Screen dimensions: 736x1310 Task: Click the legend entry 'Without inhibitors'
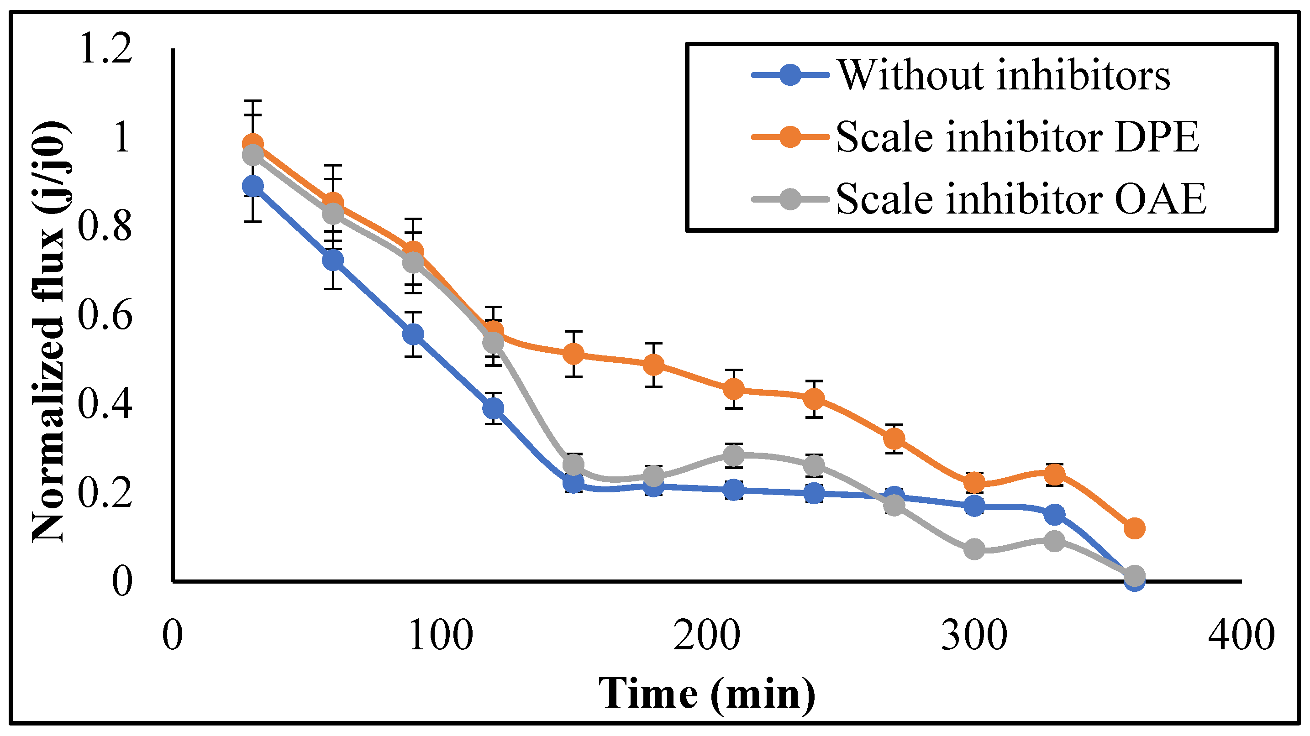(x=1003, y=75)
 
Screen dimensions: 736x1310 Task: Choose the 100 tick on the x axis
(x=441, y=635)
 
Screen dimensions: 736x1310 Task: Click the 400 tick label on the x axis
(x=1241, y=635)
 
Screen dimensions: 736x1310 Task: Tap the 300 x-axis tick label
(x=974, y=635)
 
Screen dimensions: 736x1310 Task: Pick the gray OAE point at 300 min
(x=974, y=549)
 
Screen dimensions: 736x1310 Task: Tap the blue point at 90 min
(x=413, y=334)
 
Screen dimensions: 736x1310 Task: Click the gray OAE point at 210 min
(x=733, y=455)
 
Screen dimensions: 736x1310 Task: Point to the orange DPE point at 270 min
(x=894, y=438)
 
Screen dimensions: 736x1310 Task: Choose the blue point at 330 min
(x=1054, y=515)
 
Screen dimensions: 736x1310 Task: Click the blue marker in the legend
(x=790, y=75)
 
